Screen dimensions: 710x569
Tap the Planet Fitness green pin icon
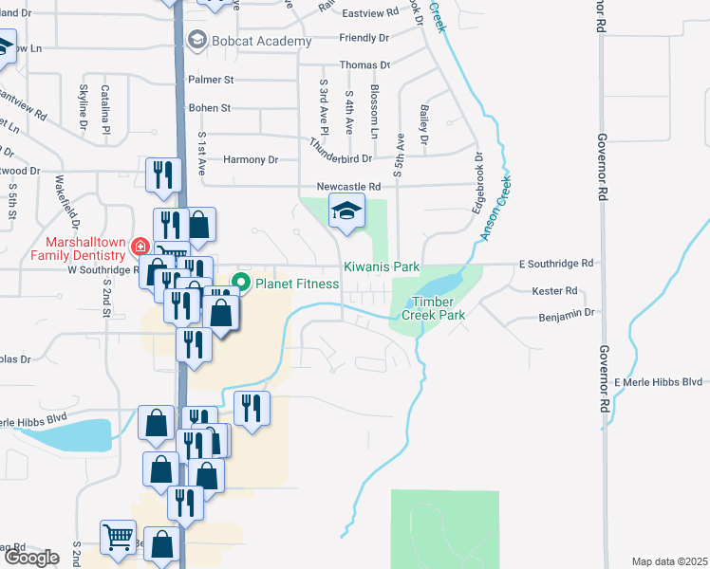[x=242, y=282]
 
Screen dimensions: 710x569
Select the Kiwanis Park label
[x=381, y=269]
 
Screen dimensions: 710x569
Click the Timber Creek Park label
[x=433, y=307]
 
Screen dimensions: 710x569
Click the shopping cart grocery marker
[x=118, y=538]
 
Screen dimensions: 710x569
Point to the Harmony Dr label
[x=251, y=160]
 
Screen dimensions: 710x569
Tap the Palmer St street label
[x=210, y=80]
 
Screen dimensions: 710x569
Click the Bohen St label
[x=209, y=108]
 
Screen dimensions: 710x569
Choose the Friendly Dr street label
[x=364, y=39]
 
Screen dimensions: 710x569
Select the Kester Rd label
[x=555, y=291]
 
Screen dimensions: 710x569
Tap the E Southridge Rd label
[x=557, y=263]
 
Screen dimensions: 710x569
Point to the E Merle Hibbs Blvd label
[x=658, y=381]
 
